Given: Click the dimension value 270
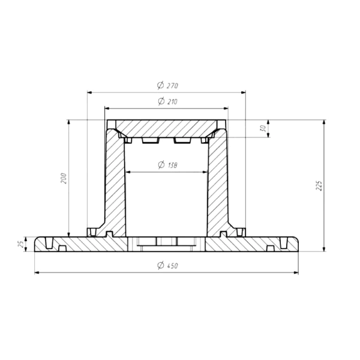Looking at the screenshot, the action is (x=172, y=86).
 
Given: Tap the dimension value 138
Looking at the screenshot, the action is (x=173, y=165).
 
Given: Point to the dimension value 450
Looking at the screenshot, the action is (x=172, y=266).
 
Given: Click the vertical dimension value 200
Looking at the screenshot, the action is (x=64, y=178).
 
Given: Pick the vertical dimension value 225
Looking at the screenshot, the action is (x=319, y=185).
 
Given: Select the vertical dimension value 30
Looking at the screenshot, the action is (x=263, y=128).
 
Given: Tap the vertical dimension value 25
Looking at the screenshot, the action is (x=20, y=244).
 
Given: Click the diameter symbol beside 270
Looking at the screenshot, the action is (x=160, y=85).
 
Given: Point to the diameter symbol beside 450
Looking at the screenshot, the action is (x=161, y=265).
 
